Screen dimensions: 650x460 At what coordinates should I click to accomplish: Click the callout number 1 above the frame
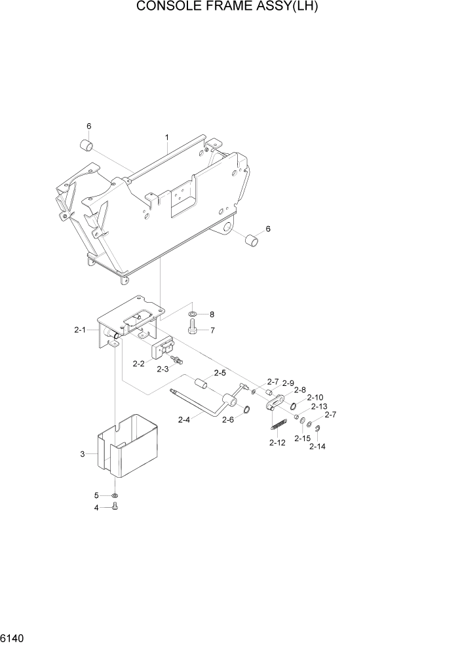coord(167,138)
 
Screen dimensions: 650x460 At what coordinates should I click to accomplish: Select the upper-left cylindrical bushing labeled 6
coord(86,145)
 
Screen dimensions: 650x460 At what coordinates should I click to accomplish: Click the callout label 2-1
coord(80,330)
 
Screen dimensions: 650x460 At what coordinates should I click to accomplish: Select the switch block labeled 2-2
coord(163,349)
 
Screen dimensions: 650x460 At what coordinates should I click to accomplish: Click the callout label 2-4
coord(185,420)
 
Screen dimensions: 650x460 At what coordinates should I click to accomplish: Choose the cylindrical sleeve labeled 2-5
coord(200,383)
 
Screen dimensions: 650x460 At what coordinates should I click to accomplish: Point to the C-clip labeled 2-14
coord(316,430)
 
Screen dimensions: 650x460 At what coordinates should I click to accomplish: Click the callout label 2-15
coord(302,438)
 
